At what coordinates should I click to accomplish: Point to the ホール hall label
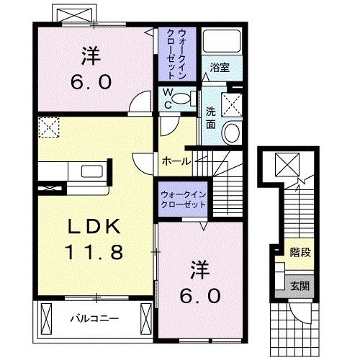[x=176, y=161]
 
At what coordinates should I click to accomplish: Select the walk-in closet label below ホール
[x=181, y=199]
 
